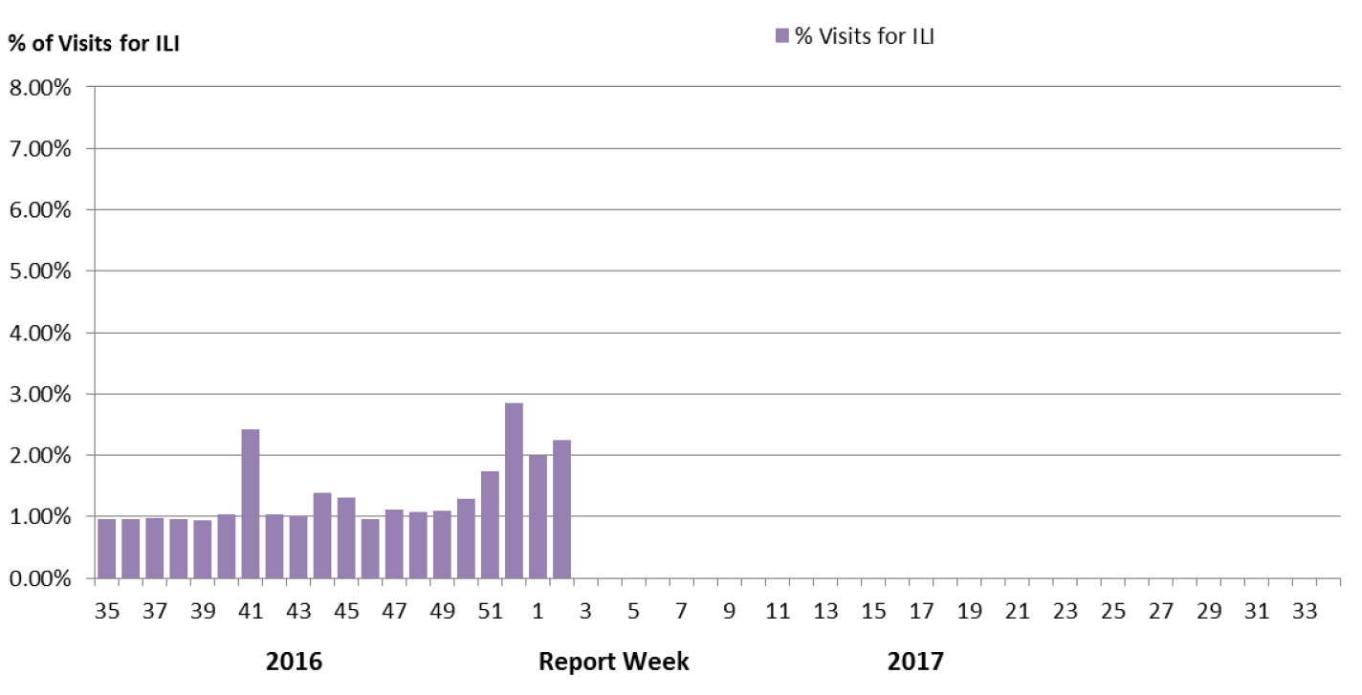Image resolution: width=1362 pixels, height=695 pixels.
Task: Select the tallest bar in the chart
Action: (x=514, y=490)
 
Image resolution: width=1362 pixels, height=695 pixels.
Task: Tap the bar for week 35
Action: (x=107, y=548)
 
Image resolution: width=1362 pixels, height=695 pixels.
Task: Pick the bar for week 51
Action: (x=490, y=525)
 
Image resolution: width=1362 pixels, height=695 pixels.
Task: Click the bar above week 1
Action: (x=538, y=516)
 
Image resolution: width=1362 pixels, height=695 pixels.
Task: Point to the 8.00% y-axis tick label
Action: (x=40, y=88)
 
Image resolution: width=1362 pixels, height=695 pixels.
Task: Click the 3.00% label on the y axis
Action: (x=40, y=395)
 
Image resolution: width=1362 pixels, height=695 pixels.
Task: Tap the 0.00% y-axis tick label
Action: (x=40, y=579)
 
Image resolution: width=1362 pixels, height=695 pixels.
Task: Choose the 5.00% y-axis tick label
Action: (x=40, y=271)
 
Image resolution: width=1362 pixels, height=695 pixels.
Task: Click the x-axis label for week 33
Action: (x=1305, y=611)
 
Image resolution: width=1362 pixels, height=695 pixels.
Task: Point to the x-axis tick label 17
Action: (x=921, y=611)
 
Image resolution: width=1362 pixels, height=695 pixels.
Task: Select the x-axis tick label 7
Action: (x=681, y=611)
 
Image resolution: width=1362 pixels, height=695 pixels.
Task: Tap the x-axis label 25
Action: (x=1112, y=611)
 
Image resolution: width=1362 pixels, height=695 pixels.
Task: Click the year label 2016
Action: (x=294, y=662)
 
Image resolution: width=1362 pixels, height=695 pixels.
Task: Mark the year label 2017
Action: (x=915, y=662)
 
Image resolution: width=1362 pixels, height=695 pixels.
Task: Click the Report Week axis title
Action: (x=613, y=662)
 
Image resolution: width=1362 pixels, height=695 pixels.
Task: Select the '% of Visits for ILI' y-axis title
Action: (x=94, y=43)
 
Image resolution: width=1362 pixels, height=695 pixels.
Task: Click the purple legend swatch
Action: (x=781, y=36)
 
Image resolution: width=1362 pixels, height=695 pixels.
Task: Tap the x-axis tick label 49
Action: (x=442, y=611)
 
